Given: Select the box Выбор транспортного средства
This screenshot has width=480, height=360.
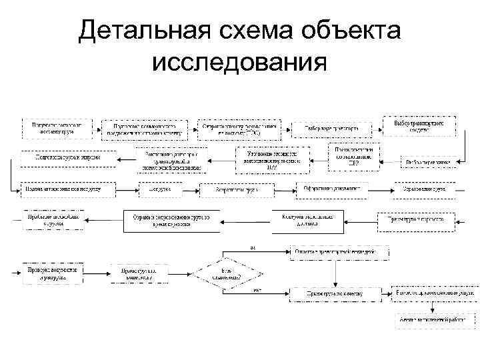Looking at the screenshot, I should (420, 127).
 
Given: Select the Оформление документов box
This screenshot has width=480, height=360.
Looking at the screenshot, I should (331, 190).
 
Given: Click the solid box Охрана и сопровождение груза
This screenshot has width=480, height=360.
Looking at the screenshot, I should (171, 221).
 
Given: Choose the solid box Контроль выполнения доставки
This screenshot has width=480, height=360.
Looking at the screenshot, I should (307, 221).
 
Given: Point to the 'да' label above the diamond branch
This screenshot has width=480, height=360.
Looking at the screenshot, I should (252, 246).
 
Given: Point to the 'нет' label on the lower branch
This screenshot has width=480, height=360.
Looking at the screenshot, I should (256, 290).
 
